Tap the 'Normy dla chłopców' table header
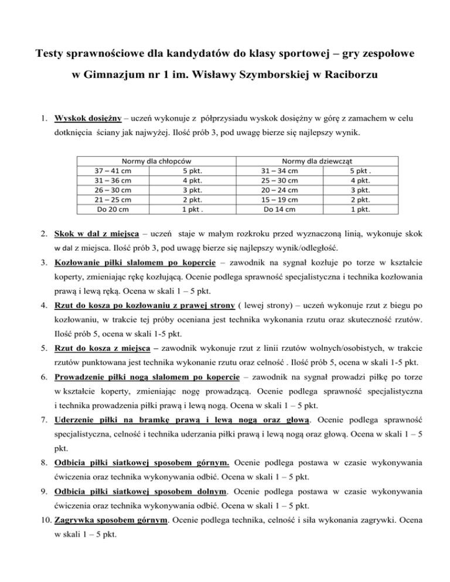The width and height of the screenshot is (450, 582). pyautogui.click(x=156, y=160)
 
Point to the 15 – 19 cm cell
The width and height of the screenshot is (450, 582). pyautogui.click(x=279, y=199)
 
